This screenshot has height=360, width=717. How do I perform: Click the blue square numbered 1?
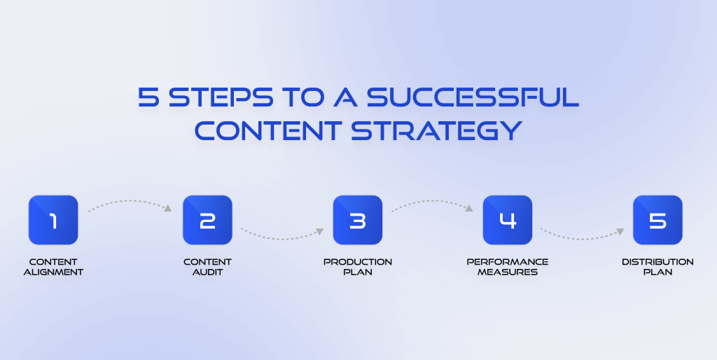[x=53, y=220]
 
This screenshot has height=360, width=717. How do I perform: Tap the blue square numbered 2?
[x=207, y=220]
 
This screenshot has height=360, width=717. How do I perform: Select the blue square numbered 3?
[x=358, y=220]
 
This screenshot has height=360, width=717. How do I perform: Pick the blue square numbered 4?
[x=508, y=220]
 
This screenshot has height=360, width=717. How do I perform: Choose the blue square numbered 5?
[x=657, y=220]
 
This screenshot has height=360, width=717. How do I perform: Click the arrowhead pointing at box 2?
[x=168, y=208]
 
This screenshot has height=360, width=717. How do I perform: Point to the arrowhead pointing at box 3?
[x=319, y=231]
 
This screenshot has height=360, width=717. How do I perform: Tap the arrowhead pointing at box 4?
[x=468, y=208]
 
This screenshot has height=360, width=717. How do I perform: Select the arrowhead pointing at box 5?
[x=620, y=231]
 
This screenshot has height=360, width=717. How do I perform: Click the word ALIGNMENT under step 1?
[x=53, y=272]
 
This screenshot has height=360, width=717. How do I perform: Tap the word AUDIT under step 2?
[x=207, y=272]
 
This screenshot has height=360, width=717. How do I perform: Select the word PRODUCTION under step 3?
[x=358, y=262]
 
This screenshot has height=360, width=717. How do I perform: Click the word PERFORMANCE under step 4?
[x=508, y=262]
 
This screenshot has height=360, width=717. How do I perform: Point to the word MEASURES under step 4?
[x=508, y=272]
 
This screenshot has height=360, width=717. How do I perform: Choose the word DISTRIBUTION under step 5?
[x=657, y=262]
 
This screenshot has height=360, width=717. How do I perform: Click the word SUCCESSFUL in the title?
[x=473, y=97]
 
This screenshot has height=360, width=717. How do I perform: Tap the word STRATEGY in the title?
[x=437, y=131]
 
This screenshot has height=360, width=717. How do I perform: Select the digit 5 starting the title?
[x=148, y=97]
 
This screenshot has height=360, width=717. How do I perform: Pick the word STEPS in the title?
[x=221, y=97]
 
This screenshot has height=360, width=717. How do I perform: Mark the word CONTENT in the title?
[x=268, y=131]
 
